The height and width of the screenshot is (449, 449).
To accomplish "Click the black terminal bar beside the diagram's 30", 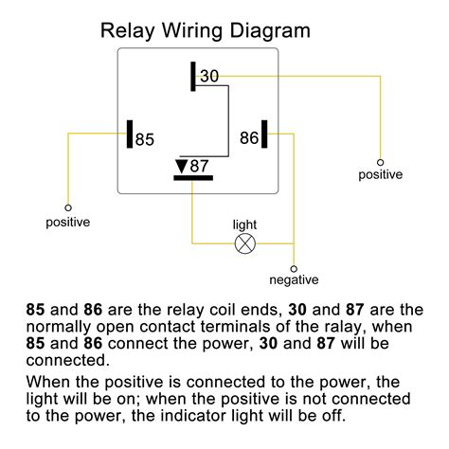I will (192, 77).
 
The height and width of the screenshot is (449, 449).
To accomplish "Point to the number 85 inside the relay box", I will (144, 138).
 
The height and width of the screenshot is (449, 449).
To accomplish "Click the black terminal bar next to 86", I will (265, 135).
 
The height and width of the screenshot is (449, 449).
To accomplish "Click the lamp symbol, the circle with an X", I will (243, 243).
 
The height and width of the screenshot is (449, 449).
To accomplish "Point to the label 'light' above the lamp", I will (244, 224).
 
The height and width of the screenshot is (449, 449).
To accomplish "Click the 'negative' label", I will (294, 279).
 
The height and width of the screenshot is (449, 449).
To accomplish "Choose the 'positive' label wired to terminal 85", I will (68, 223).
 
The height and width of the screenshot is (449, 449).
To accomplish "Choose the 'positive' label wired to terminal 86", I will (380, 174).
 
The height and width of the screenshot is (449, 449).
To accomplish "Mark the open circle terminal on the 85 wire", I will (68, 207).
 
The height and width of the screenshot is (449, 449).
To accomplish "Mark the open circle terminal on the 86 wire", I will (381, 160).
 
